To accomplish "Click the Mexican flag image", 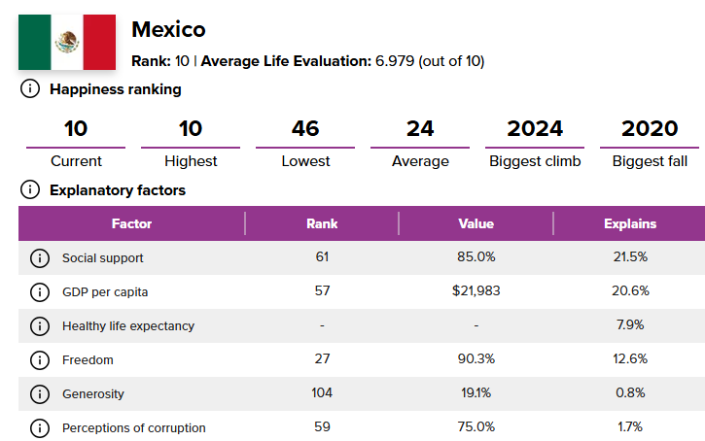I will [66, 42].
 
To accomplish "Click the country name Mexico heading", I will [168, 29].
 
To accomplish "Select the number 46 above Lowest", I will [305, 128].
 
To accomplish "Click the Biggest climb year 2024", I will [535, 128].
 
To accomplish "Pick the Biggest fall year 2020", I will [650, 128].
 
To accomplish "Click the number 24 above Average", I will [420, 128].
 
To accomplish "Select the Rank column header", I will [322, 223].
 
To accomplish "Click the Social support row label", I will [102, 257].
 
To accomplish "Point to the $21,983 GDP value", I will [476, 291].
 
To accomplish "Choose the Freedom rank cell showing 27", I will [322, 359].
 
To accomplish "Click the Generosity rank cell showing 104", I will [322, 393].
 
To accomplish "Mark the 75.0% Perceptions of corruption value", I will [476, 427].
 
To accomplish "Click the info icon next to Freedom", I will [39, 359].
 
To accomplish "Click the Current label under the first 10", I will [76, 161].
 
